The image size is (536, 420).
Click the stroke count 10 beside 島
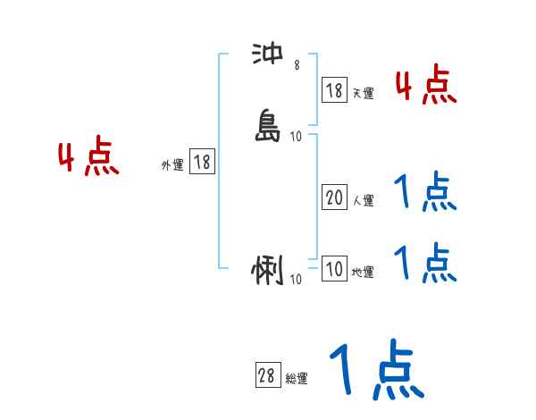point(297,137)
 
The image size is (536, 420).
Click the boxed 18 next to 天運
point(334,90)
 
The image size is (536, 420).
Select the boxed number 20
point(334,198)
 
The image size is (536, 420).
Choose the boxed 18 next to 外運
point(202,162)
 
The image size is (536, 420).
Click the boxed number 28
point(266,376)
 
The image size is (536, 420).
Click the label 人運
point(363,201)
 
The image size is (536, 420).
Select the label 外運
point(172,165)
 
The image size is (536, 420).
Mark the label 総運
point(296,379)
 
